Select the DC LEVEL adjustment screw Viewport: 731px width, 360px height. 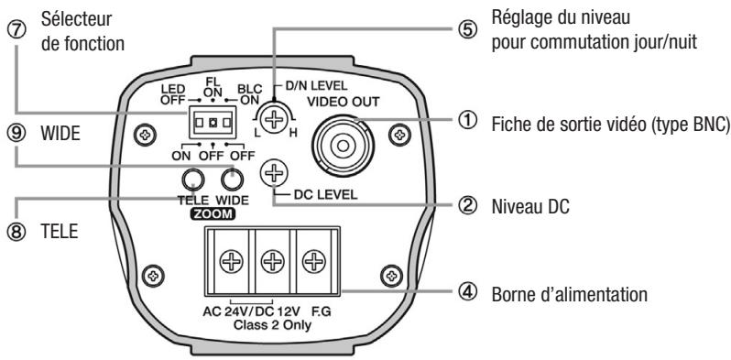point(272,171)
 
